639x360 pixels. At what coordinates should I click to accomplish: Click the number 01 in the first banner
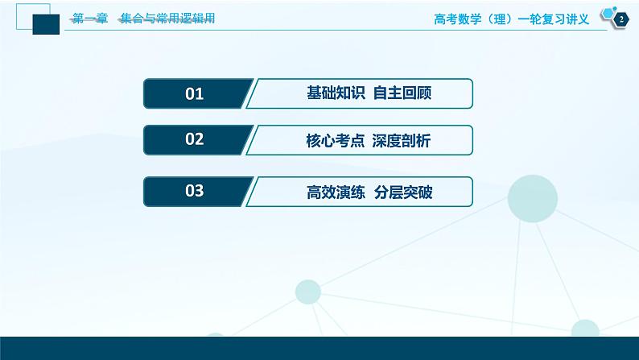195,94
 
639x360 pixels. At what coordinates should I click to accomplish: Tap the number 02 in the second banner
195,141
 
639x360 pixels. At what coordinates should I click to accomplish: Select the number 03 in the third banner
195,191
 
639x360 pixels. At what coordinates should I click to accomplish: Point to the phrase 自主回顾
404,94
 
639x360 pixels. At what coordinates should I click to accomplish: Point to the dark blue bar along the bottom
319,348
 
